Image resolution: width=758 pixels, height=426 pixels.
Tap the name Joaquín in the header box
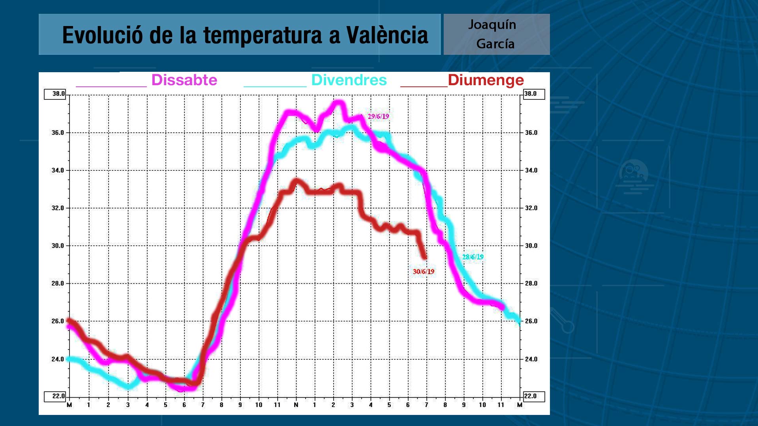click(x=492, y=25)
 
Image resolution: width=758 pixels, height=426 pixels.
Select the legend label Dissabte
click(x=184, y=80)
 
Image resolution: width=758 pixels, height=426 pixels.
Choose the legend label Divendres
click(x=349, y=80)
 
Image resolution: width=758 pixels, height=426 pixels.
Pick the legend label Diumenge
click(x=486, y=80)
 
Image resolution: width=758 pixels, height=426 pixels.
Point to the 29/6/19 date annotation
click(x=378, y=116)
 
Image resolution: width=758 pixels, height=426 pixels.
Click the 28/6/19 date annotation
click(x=473, y=257)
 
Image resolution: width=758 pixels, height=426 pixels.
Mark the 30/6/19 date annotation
click(x=423, y=271)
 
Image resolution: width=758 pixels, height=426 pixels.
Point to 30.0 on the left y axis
click(x=58, y=246)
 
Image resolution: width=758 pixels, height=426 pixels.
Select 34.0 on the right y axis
click(x=531, y=170)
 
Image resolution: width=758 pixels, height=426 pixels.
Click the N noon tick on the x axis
click(x=296, y=405)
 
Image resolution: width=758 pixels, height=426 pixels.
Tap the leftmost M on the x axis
click(x=69, y=405)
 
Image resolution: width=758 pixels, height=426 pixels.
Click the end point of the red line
click(x=425, y=258)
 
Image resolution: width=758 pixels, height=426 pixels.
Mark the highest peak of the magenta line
click(x=339, y=103)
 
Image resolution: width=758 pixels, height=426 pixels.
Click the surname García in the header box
click(x=495, y=44)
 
